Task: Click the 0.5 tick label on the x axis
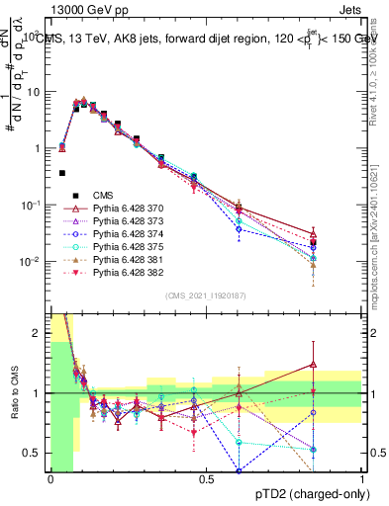(206, 478)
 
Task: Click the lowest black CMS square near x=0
(62, 173)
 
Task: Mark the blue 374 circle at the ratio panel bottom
(239, 469)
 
